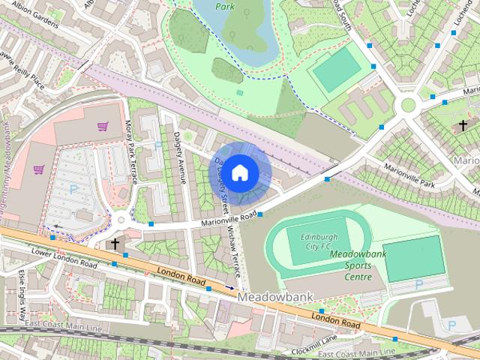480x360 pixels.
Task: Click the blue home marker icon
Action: pyautogui.click(x=239, y=172)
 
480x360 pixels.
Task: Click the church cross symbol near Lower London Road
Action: pyautogui.click(x=115, y=244)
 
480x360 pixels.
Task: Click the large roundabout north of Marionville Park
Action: pyautogui.click(x=409, y=106)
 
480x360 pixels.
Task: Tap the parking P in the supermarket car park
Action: pyautogui.click(x=73, y=190)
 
